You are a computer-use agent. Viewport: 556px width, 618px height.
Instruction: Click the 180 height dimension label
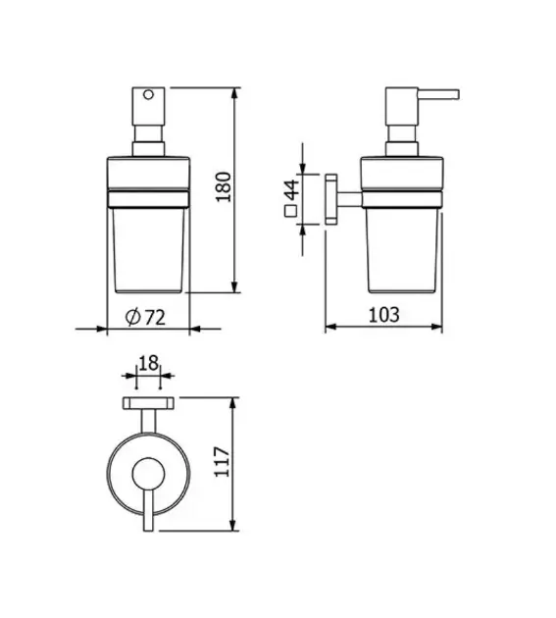tap(224, 186)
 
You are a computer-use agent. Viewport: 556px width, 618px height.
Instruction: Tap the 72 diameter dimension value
tap(155, 317)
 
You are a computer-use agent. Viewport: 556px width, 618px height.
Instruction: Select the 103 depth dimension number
tap(383, 315)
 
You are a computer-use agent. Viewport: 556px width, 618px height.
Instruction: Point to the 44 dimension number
tap(292, 189)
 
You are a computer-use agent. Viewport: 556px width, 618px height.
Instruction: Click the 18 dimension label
tap(148, 363)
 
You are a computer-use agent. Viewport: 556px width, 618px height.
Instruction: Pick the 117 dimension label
tap(222, 462)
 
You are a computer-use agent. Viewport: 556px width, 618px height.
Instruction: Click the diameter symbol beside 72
tap(132, 317)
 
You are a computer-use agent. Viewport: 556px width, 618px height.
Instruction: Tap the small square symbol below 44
tap(290, 211)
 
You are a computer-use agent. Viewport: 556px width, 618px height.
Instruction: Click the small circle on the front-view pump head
tap(148, 94)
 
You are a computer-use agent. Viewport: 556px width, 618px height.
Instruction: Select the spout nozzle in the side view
tap(438, 94)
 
